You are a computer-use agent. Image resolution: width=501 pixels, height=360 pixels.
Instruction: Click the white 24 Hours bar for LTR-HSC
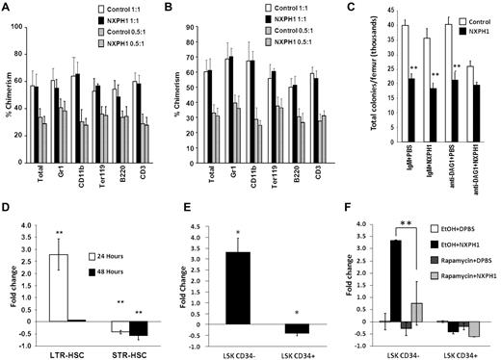[59, 280]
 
